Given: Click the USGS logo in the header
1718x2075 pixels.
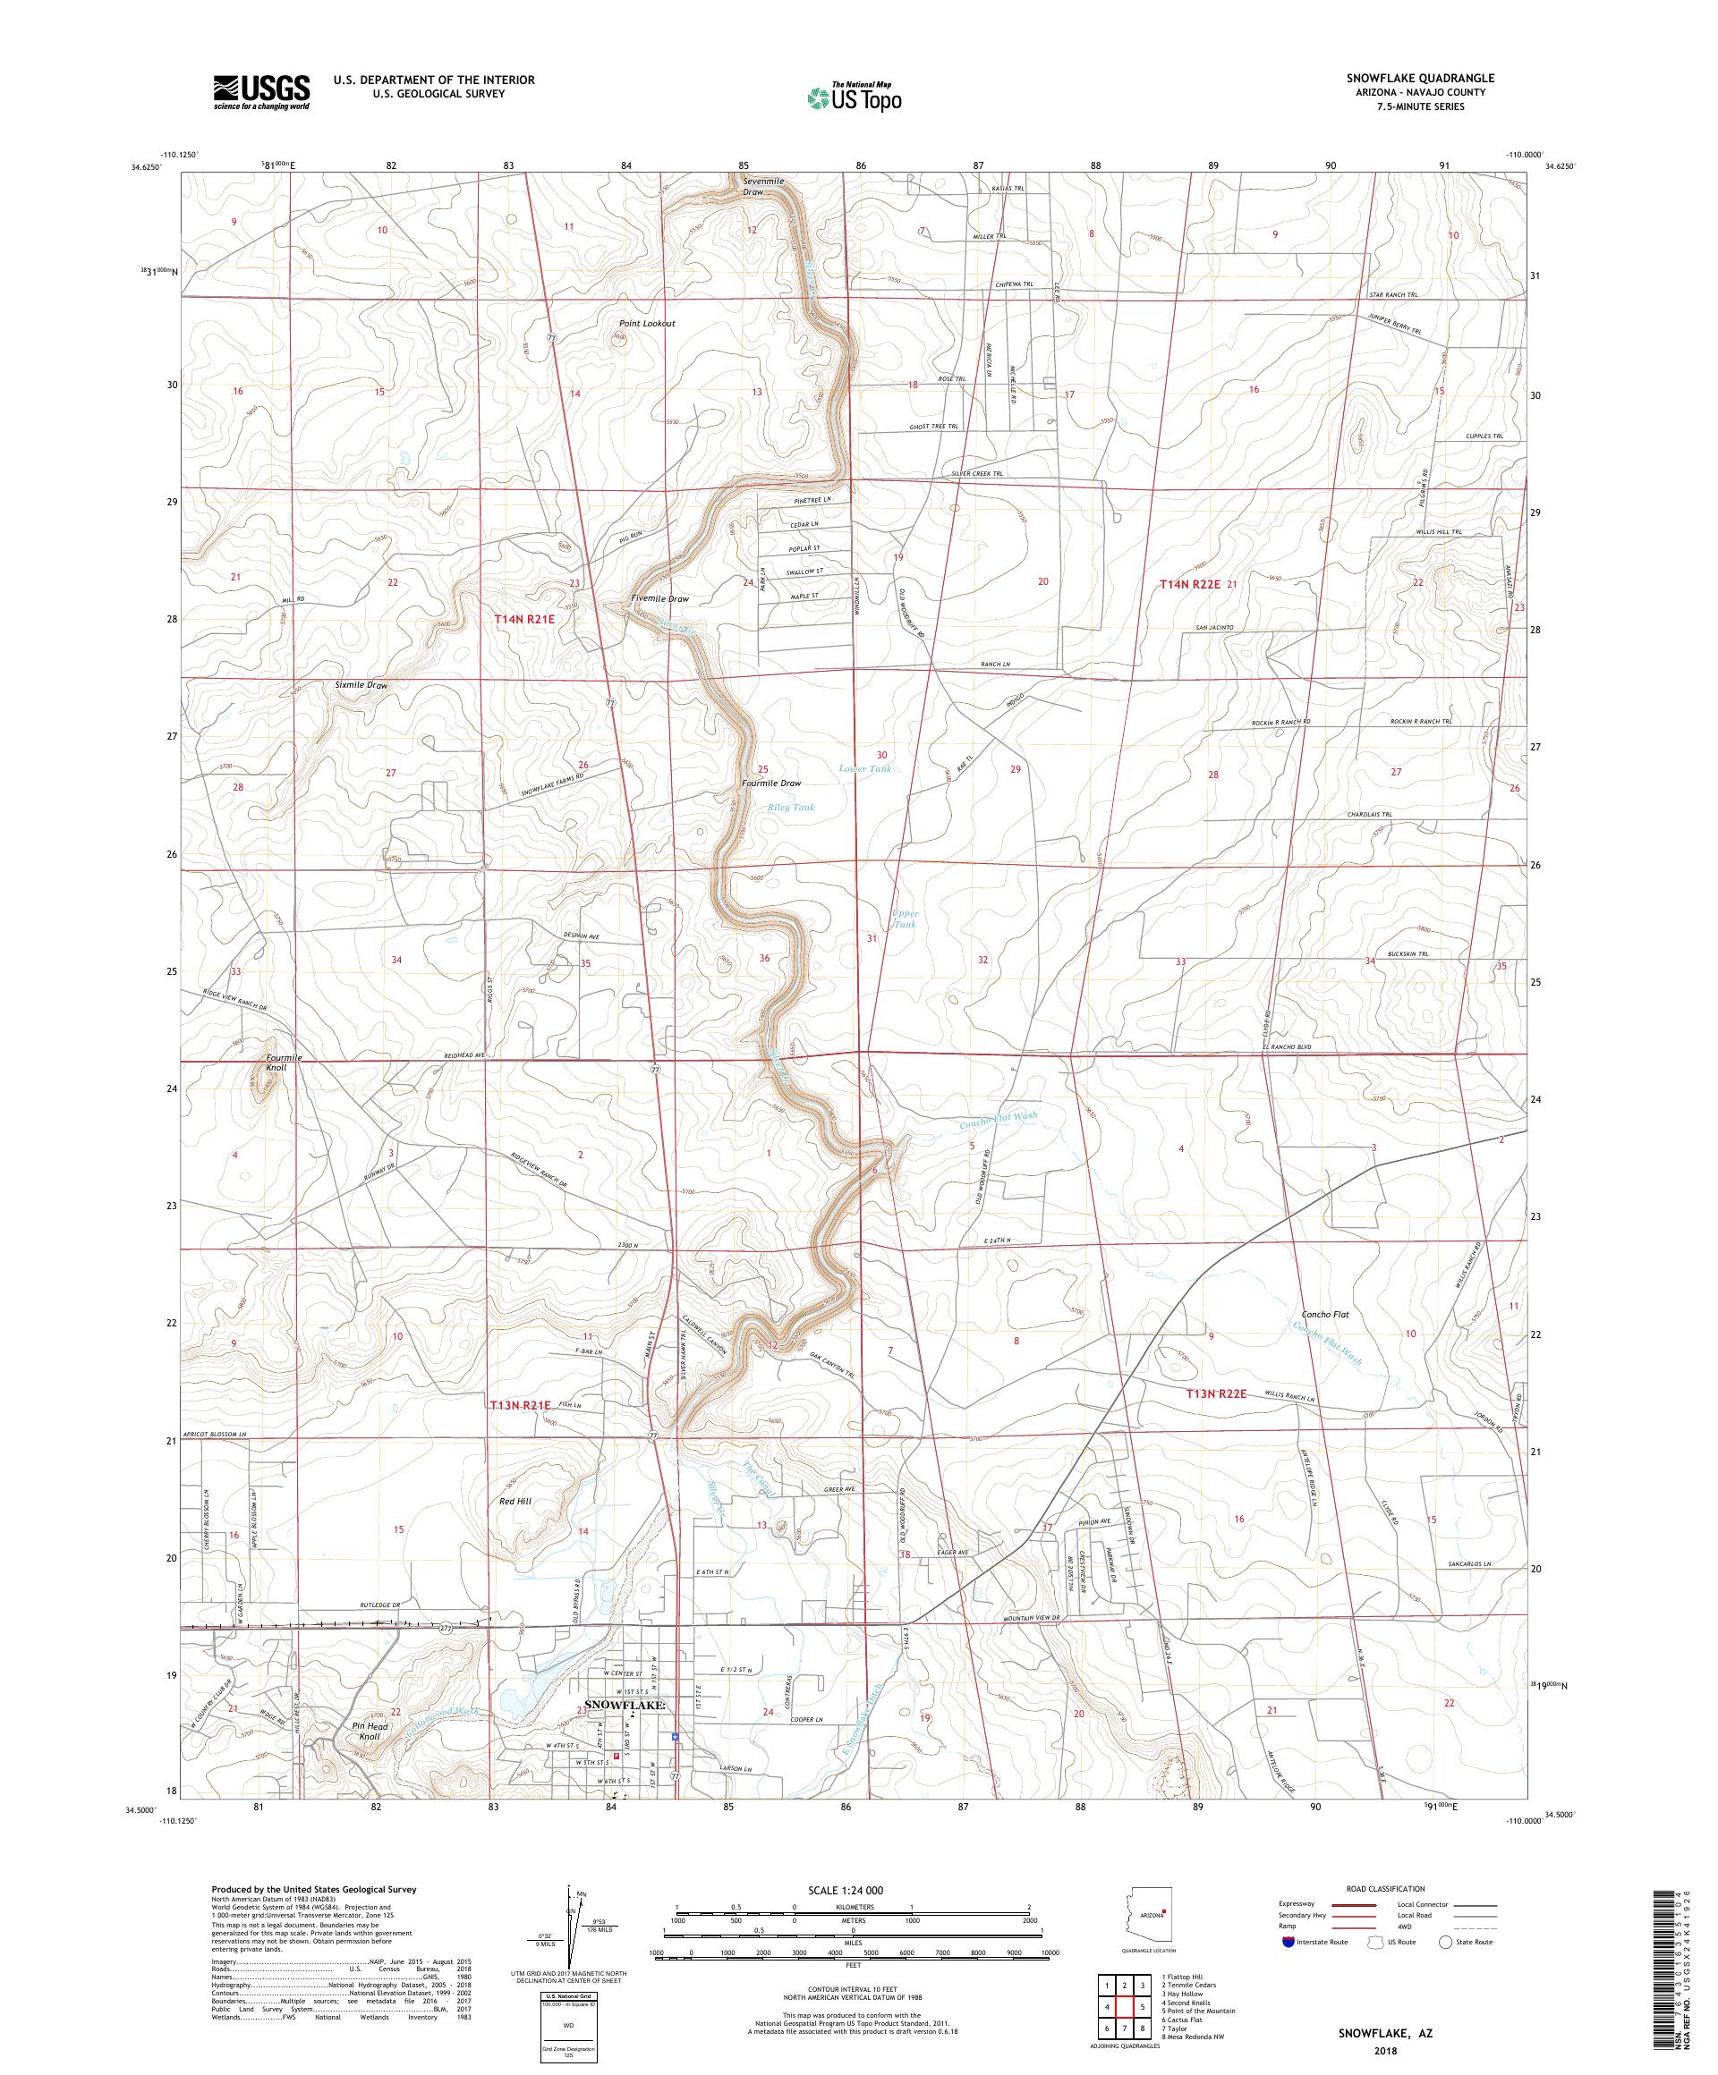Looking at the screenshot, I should (x=262, y=92).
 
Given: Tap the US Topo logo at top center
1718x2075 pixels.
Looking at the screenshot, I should (x=855, y=96).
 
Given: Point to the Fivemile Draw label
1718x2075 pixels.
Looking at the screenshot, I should (x=659, y=598).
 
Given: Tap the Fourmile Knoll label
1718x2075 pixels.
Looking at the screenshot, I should (x=284, y=1063).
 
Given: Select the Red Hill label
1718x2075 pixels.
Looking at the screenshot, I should (x=516, y=1501).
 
